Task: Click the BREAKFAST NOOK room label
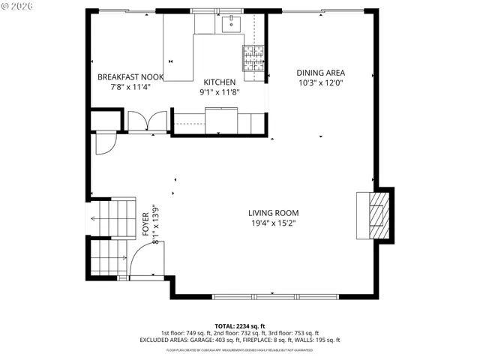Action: [x=130, y=76]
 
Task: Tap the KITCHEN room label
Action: [x=220, y=82]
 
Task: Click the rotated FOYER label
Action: [x=145, y=224]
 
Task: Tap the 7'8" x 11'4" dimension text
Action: [x=130, y=86]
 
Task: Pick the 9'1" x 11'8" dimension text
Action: [x=220, y=91]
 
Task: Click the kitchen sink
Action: [x=231, y=24]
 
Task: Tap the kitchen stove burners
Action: [x=253, y=55]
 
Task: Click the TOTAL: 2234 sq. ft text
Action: [x=240, y=326]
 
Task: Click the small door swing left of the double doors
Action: [x=104, y=142]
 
